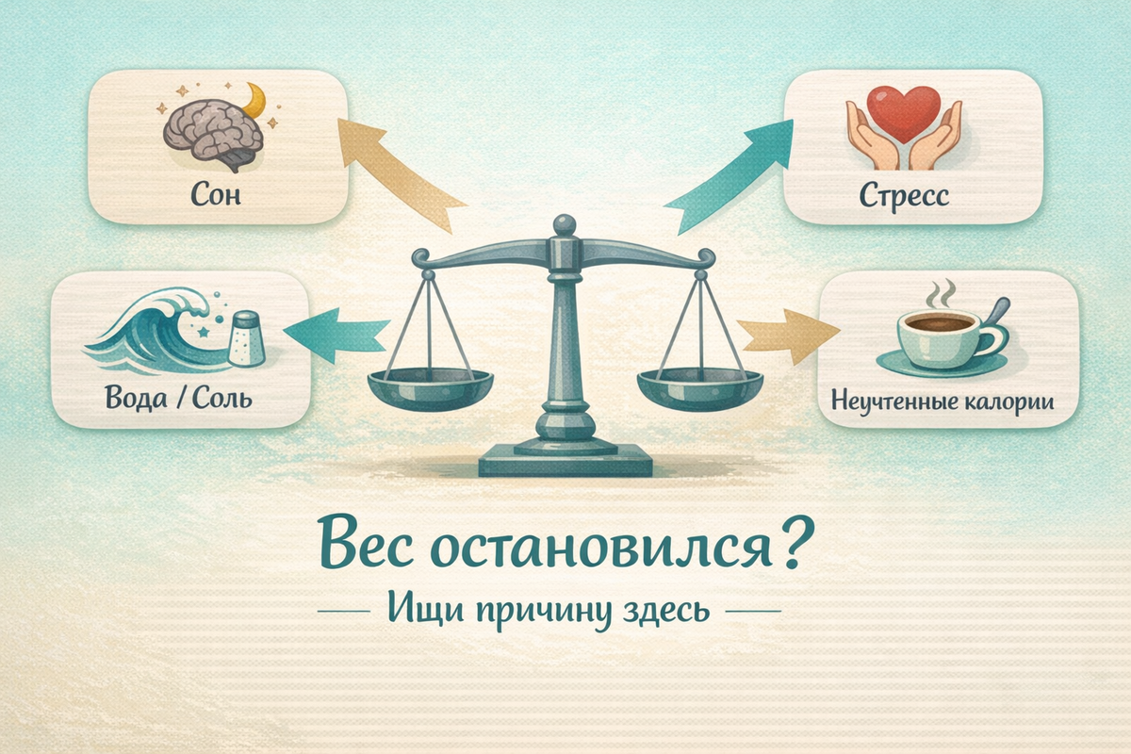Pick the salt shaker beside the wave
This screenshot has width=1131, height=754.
point(246,338)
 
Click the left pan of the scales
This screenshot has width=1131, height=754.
point(429,385)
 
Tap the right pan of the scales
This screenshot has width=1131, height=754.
point(698,385)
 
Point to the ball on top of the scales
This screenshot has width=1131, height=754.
point(564,225)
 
